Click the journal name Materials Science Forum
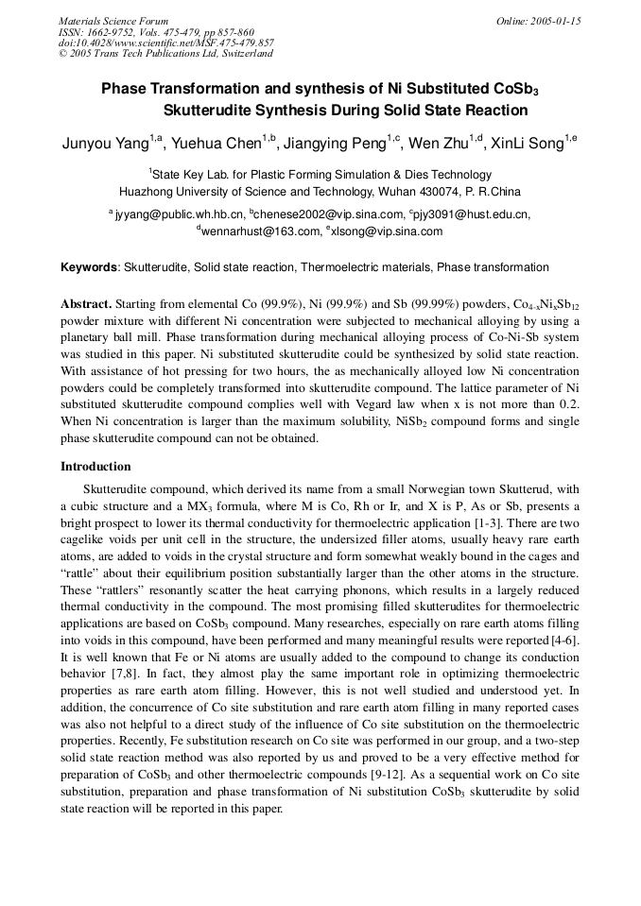[113, 21]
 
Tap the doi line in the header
[166, 43]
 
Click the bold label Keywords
[89, 267]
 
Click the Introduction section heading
[95, 467]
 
